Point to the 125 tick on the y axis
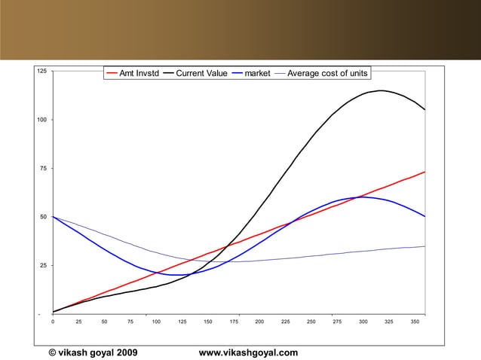[x=42, y=71]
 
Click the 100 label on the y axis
[x=42, y=120]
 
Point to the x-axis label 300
[x=363, y=322]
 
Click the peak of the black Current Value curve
[x=381, y=90]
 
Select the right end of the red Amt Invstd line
[x=424, y=172]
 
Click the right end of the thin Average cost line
[x=424, y=246]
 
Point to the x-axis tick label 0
[x=52, y=322]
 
